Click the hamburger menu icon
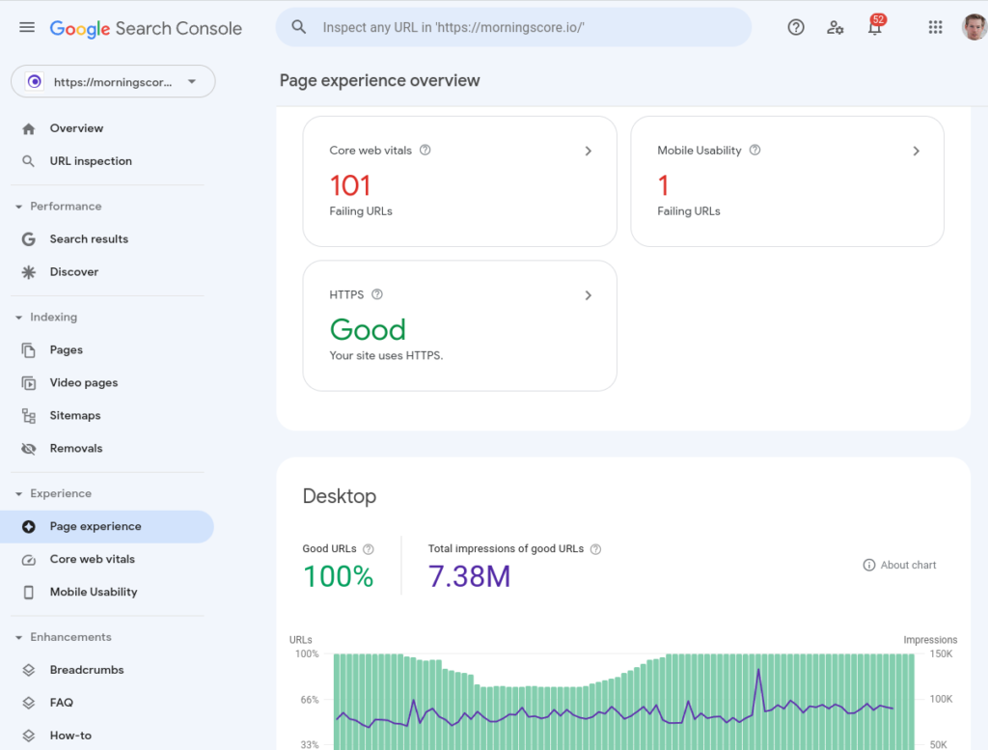pos(27,27)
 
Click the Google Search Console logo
pos(146,28)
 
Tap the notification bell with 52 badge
pos(875,27)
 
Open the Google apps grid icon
pos(935,27)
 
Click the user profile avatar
pos(974,27)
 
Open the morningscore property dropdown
pos(113,82)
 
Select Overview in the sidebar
pos(76,128)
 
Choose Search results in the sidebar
pos(89,239)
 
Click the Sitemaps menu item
pos(75,416)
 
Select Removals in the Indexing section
pos(76,449)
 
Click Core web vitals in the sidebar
pos(93,560)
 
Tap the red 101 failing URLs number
pos(350,184)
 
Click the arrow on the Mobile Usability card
pos(916,151)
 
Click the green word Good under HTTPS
pos(368,330)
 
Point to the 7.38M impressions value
pos(469,576)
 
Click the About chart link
pos(899,566)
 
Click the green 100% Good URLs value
pos(338,576)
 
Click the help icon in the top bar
pos(796,27)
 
